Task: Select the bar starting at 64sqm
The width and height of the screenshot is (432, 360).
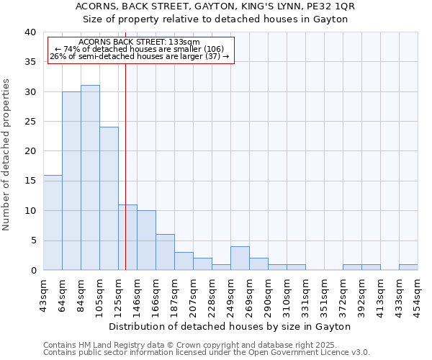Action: click(71, 181)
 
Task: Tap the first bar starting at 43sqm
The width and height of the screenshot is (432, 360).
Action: click(53, 222)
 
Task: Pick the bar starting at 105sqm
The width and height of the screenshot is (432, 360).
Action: click(109, 199)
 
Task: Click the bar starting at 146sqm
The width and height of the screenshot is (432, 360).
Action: click(146, 240)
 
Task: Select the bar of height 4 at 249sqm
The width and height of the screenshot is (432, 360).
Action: click(240, 258)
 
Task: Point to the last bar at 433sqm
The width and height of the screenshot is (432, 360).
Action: click(408, 267)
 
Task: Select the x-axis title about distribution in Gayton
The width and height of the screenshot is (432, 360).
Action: click(230, 326)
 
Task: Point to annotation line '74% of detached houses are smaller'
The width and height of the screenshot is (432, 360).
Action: click(140, 49)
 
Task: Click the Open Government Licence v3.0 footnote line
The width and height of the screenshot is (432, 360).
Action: click(207, 352)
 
